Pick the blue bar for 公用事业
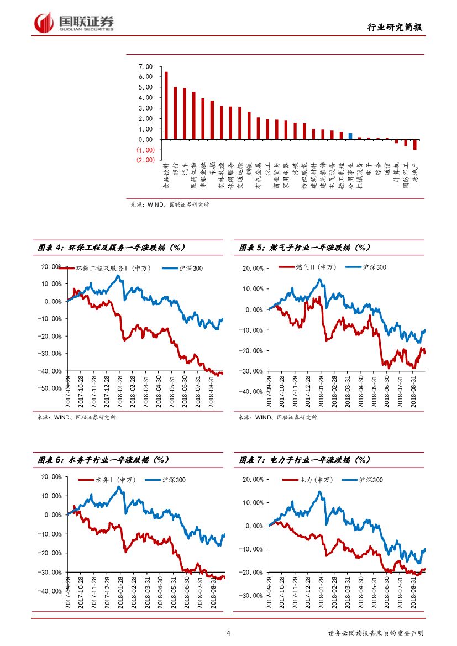point(350,136)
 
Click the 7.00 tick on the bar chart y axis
point(145,66)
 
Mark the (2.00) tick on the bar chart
point(145,160)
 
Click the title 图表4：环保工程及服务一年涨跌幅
point(111,248)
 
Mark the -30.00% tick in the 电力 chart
point(254,596)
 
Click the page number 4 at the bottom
point(229,633)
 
